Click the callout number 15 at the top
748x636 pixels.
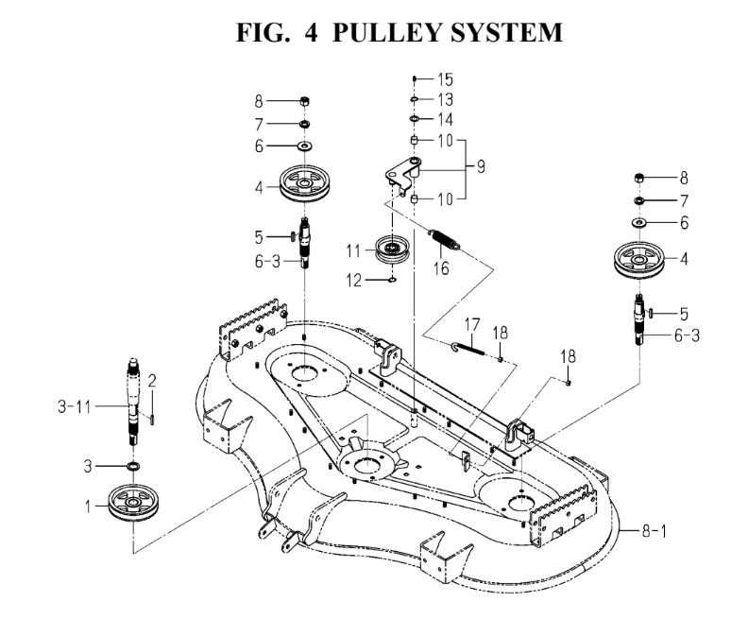445,79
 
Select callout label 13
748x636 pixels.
445,99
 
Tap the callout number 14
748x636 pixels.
445,120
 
